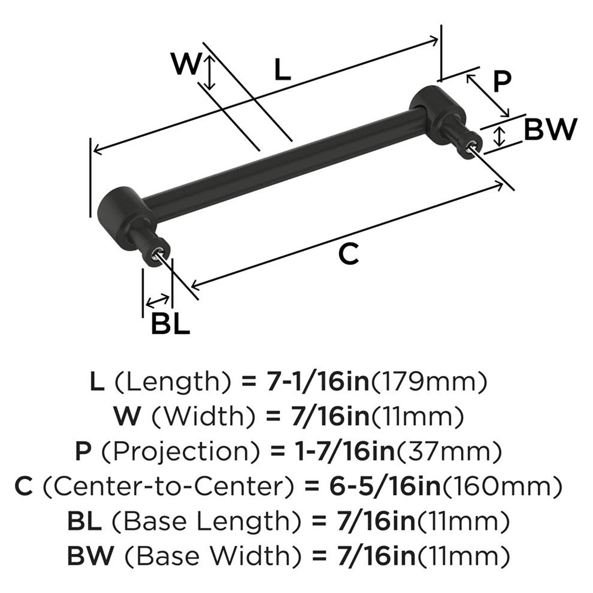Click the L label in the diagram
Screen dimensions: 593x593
tap(283, 71)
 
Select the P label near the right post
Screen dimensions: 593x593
tap(502, 81)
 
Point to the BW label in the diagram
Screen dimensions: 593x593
tap(550, 129)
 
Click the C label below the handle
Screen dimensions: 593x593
tap(349, 254)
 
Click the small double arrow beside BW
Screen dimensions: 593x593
tap(500, 136)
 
